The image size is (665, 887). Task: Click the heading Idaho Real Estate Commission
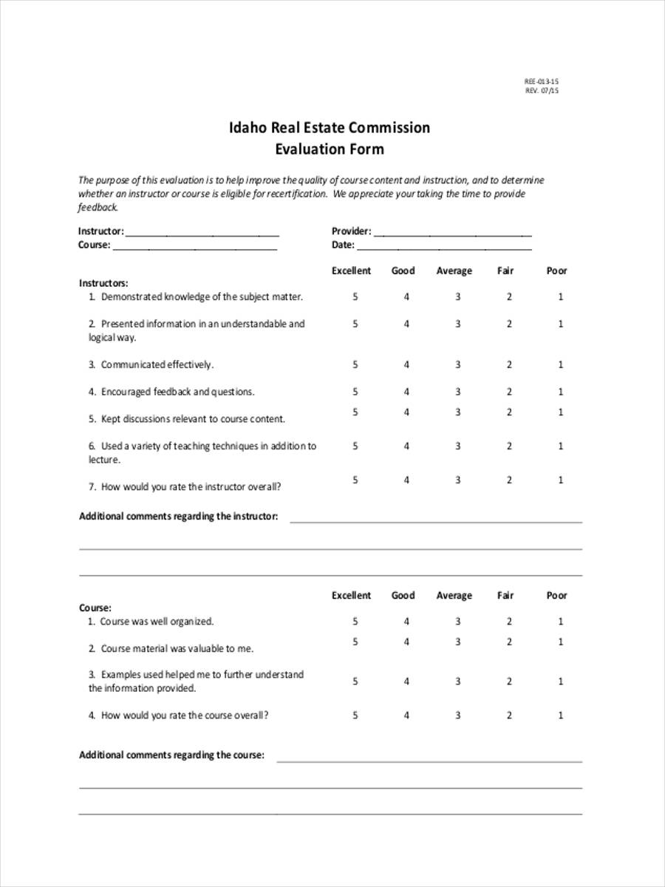tap(330, 127)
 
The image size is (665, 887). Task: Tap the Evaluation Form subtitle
tap(330, 149)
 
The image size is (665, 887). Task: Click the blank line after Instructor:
tap(202, 232)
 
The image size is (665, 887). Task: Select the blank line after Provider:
tap(452, 232)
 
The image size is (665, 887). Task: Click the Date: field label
tap(343, 245)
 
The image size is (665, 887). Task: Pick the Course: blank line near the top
tap(194, 246)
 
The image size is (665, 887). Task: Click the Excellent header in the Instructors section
tap(351, 271)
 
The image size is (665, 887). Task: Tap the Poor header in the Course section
tap(556, 595)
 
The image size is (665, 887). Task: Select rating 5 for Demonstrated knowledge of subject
tap(355, 296)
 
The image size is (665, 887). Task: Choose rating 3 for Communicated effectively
tap(457, 364)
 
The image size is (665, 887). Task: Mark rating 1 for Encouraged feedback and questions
tap(561, 392)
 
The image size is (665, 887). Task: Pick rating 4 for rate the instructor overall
tap(406, 480)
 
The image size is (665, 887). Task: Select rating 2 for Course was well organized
tap(509, 622)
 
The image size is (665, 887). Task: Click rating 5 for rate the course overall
tap(355, 715)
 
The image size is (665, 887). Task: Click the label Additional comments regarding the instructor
tap(178, 517)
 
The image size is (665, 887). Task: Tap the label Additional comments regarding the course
tap(171, 755)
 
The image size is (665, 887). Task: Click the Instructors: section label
tap(103, 283)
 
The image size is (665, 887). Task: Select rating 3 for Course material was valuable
tap(457, 642)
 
